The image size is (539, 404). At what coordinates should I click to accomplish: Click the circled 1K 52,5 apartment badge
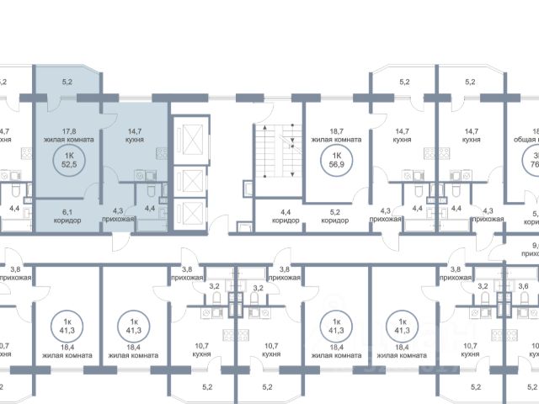point(64,159)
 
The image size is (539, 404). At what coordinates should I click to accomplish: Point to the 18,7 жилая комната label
point(336,136)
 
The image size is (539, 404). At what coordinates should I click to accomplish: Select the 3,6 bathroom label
point(523,286)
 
